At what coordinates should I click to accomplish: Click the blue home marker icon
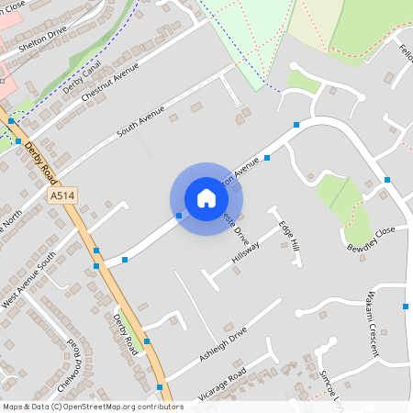pos(206,198)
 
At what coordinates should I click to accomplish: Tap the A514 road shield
pos(62,196)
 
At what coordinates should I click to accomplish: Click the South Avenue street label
pos(140,123)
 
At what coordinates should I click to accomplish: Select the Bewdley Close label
pos(371,239)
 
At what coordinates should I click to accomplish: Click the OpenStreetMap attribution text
pos(92,406)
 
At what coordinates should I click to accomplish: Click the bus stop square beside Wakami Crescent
pos(406,306)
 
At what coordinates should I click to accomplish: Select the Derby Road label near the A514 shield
pos(39,158)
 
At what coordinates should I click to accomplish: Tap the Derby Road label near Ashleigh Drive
pos(126,334)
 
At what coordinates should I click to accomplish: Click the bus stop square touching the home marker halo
pos(178,216)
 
